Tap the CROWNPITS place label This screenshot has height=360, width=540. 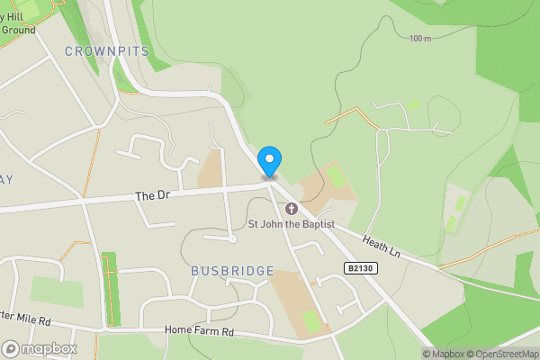[106, 51]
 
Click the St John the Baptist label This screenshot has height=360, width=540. [292, 223]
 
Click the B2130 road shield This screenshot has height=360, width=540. [360, 267]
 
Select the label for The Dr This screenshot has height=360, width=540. [152, 195]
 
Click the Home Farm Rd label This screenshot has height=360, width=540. [199, 330]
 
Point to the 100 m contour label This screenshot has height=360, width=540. [419, 39]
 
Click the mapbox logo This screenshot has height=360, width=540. [40, 348]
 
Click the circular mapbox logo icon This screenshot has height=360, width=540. [11, 348]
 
